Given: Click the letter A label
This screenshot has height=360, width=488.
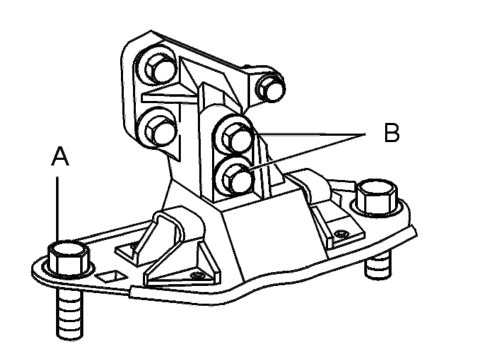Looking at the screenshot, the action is click(59, 157).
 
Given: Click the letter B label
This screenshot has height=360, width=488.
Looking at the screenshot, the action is click(392, 133).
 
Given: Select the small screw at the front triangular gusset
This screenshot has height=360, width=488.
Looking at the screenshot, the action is click(197, 276).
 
